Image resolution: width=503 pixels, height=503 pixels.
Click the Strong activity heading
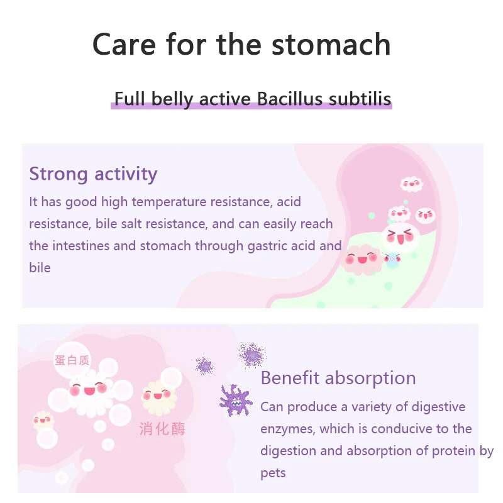point(93,174)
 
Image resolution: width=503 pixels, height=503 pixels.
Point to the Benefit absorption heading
point(338,378)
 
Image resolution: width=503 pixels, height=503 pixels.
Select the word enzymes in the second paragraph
point(287,429)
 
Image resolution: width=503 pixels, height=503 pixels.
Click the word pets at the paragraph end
point(273,472)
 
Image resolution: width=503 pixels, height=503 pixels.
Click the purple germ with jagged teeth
point(236,400)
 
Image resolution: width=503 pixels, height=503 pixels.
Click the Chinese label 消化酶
point(162,429)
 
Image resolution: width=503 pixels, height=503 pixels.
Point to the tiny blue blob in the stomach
point(392,258)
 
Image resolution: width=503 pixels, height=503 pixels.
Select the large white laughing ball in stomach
point(400,237)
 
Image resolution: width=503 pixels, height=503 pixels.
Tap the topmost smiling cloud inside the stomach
point(411,184)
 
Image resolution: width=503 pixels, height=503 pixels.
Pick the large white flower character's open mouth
point(89,390)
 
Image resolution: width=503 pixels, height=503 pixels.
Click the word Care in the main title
point(124,45)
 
